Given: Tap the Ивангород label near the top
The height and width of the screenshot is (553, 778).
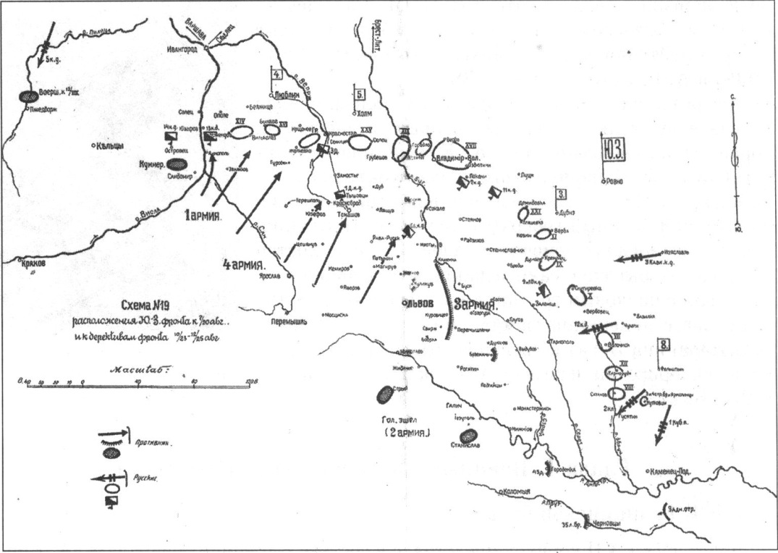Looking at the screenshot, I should click(x=181, y=48).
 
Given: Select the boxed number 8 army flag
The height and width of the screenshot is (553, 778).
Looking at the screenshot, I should click(x=663, y=344).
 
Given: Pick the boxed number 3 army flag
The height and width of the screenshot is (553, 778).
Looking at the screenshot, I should click(x=561, y=193).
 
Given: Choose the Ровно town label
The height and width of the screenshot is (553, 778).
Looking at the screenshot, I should click(x=613, y=182).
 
